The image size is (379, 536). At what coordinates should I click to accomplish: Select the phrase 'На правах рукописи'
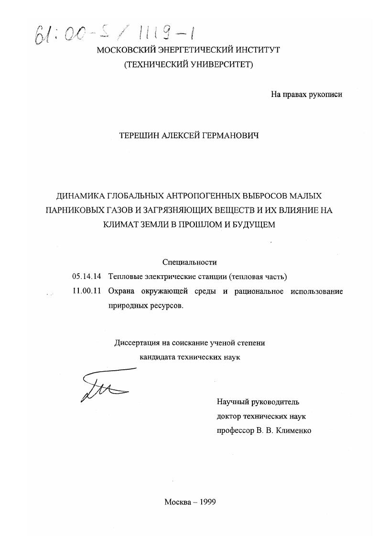[306, 95]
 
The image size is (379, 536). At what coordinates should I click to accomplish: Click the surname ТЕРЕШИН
[138, 137]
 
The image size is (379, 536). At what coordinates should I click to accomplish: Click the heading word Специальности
[189, 262]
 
